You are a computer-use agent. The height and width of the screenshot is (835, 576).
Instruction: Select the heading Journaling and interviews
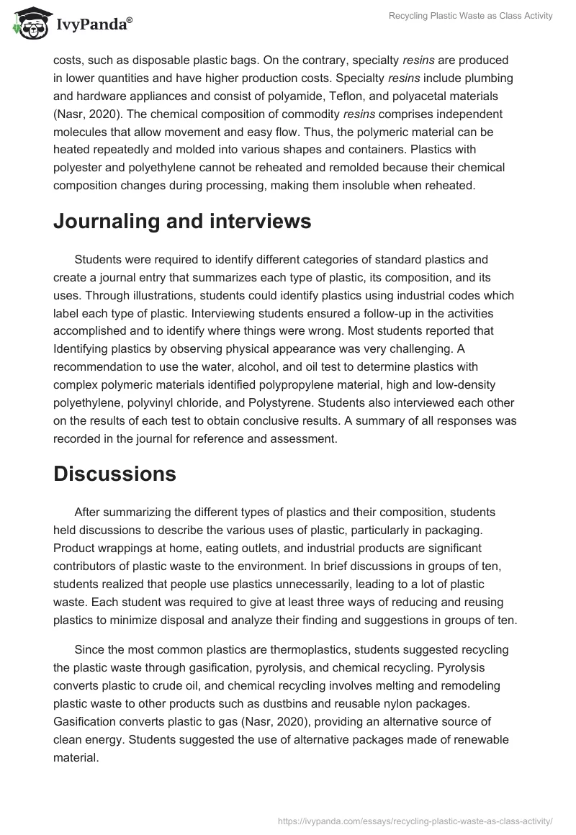click(182, 221)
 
